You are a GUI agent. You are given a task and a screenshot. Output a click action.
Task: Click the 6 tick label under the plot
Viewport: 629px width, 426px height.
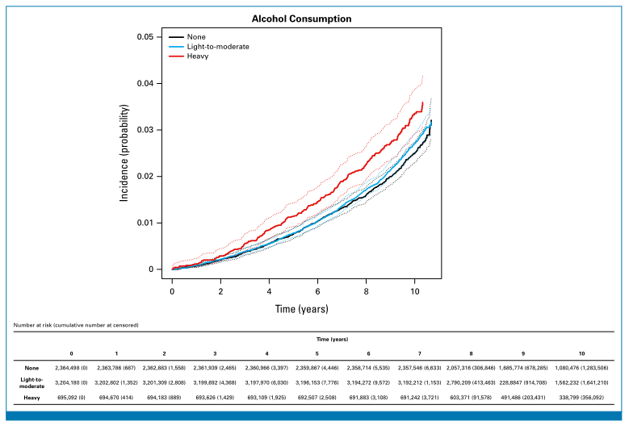click(x=317, y=288)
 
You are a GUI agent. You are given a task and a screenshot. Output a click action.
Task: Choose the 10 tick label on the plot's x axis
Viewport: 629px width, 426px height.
click(x=414, y=288)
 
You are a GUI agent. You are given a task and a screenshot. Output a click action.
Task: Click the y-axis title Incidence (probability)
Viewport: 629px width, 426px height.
click(x=124, y=152)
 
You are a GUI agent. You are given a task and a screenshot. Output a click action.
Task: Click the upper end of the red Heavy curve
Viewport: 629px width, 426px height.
click(x=422, y=102)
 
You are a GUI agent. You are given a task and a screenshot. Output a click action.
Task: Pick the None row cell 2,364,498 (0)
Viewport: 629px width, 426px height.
click(x=71, y=368)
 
